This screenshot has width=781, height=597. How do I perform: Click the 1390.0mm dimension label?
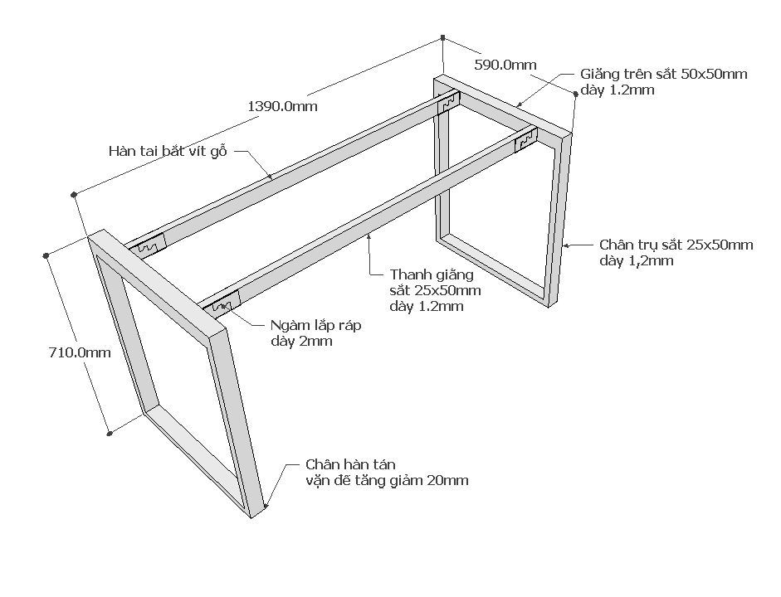pos(282,106)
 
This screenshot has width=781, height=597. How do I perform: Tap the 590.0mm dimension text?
pos(505,64)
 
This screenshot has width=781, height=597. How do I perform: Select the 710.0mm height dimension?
pos(80,352)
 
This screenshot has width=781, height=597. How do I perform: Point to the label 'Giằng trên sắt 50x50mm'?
pos(663,74)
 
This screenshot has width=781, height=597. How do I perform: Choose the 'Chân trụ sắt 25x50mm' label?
pos(676,245)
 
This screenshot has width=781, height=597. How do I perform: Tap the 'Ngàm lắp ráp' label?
pos(315,325)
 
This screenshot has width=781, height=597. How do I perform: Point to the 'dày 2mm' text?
pos(301,341)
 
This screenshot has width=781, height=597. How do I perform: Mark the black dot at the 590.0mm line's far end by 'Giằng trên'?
pos(574,94)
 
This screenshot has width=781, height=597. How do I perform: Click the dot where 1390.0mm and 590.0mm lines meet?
pos(443,37)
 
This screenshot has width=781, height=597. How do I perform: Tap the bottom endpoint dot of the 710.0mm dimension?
pos(110,432)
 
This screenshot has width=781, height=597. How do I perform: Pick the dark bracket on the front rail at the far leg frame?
pos(525,142)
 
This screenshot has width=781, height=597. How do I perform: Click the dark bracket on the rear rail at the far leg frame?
pos(449,104)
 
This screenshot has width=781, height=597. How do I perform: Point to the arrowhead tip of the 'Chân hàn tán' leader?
pos(266,505)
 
